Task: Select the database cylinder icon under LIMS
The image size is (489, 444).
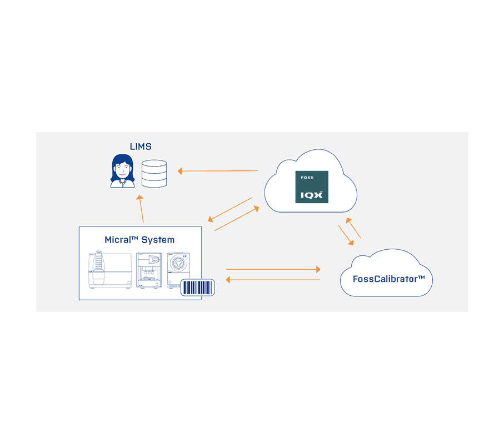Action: click(154, 173)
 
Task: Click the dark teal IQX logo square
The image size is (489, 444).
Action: click(311, 187)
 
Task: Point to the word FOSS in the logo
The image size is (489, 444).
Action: click(307, 178)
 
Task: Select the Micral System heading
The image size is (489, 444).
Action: click(139, 240)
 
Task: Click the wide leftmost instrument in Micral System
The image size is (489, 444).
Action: click(109, 270)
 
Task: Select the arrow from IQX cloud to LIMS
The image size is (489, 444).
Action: click(218, 171)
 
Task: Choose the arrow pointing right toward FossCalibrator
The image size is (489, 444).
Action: click(273, 269)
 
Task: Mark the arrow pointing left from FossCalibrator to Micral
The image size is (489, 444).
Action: click(273, 280)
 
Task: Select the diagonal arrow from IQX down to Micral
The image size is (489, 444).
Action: click(228, 209)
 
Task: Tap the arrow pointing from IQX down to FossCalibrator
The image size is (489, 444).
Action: click(346, 235)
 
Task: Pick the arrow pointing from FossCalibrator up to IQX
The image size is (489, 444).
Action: click(354, 228)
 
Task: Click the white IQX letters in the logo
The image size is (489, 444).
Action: click(311, 195)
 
